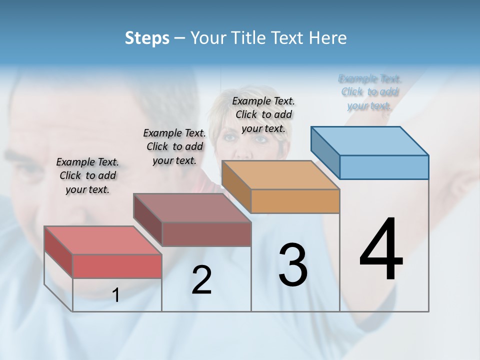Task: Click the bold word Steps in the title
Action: click(x=147, y=38)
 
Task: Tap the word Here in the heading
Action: click(x=327, y=38)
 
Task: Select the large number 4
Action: click(x=381, y=250)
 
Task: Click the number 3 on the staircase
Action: click(x=293, y=265)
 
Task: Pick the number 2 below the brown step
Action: click(x=201, y=280)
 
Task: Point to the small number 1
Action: click(x=115, y=295)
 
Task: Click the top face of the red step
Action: click(x=103, y=240)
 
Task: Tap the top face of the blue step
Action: click(x=370, y=140)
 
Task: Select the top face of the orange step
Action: click(x=280, y=174)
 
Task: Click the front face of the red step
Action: click(x=117, y=266)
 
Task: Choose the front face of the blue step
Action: click(x=384, y=167)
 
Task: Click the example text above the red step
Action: click(x=87, y=175)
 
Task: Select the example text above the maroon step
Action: click(x=174, y=146)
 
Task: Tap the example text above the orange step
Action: click(x=263, y=114)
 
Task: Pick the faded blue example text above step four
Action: click(x=369, y=92)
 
